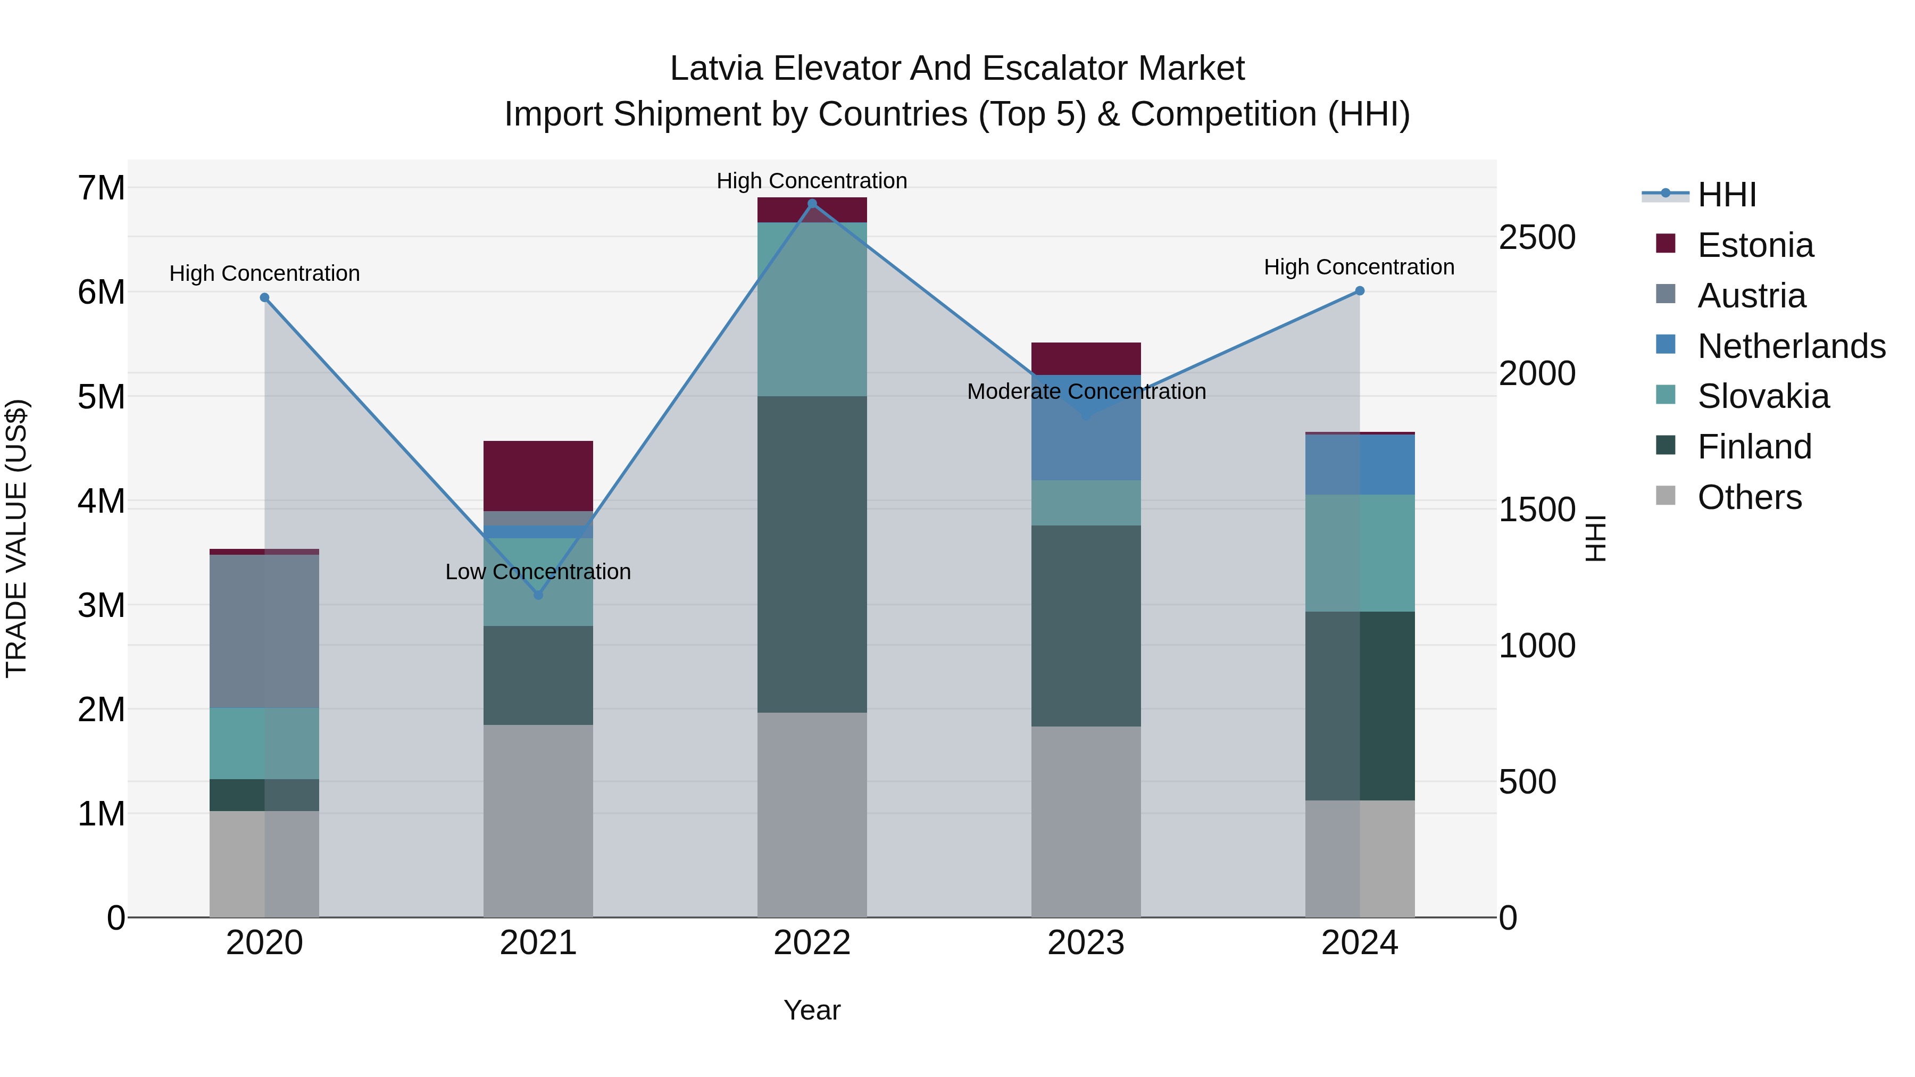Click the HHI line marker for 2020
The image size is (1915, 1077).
point(265,297)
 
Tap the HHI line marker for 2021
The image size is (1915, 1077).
point(538,595)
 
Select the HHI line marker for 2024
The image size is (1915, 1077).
point(1360,290)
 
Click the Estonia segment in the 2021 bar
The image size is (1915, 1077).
point(538,475)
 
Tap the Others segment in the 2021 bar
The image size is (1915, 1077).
point(538,821)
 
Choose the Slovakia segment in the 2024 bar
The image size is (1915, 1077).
point(1360,553)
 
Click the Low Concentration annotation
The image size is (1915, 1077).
point(538,572)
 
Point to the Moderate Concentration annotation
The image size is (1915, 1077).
point(1086,391)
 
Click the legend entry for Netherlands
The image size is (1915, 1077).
point(1792,346)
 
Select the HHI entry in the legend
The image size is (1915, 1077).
point(1726,195)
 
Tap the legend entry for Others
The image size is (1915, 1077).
point(1749,497)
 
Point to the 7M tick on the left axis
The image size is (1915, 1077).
point(101,188)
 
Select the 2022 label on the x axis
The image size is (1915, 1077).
point(812,943)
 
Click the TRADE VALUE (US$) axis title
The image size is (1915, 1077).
point(16,538)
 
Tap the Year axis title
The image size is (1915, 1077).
point(812,1010)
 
